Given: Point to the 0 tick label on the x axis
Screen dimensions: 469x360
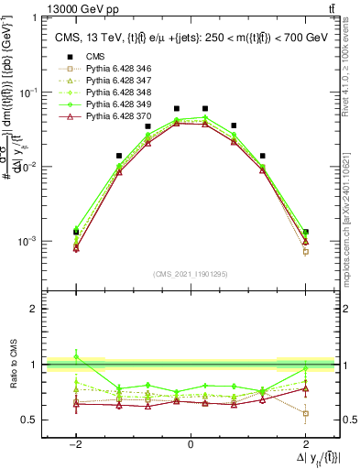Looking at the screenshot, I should [x=191, y=443].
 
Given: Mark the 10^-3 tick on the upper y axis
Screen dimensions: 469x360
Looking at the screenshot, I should [x=27, y=241].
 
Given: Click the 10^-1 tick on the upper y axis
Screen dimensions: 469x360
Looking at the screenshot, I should [x=27, y=93].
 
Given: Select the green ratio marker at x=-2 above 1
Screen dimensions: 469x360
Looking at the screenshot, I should [x=76, y=357].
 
